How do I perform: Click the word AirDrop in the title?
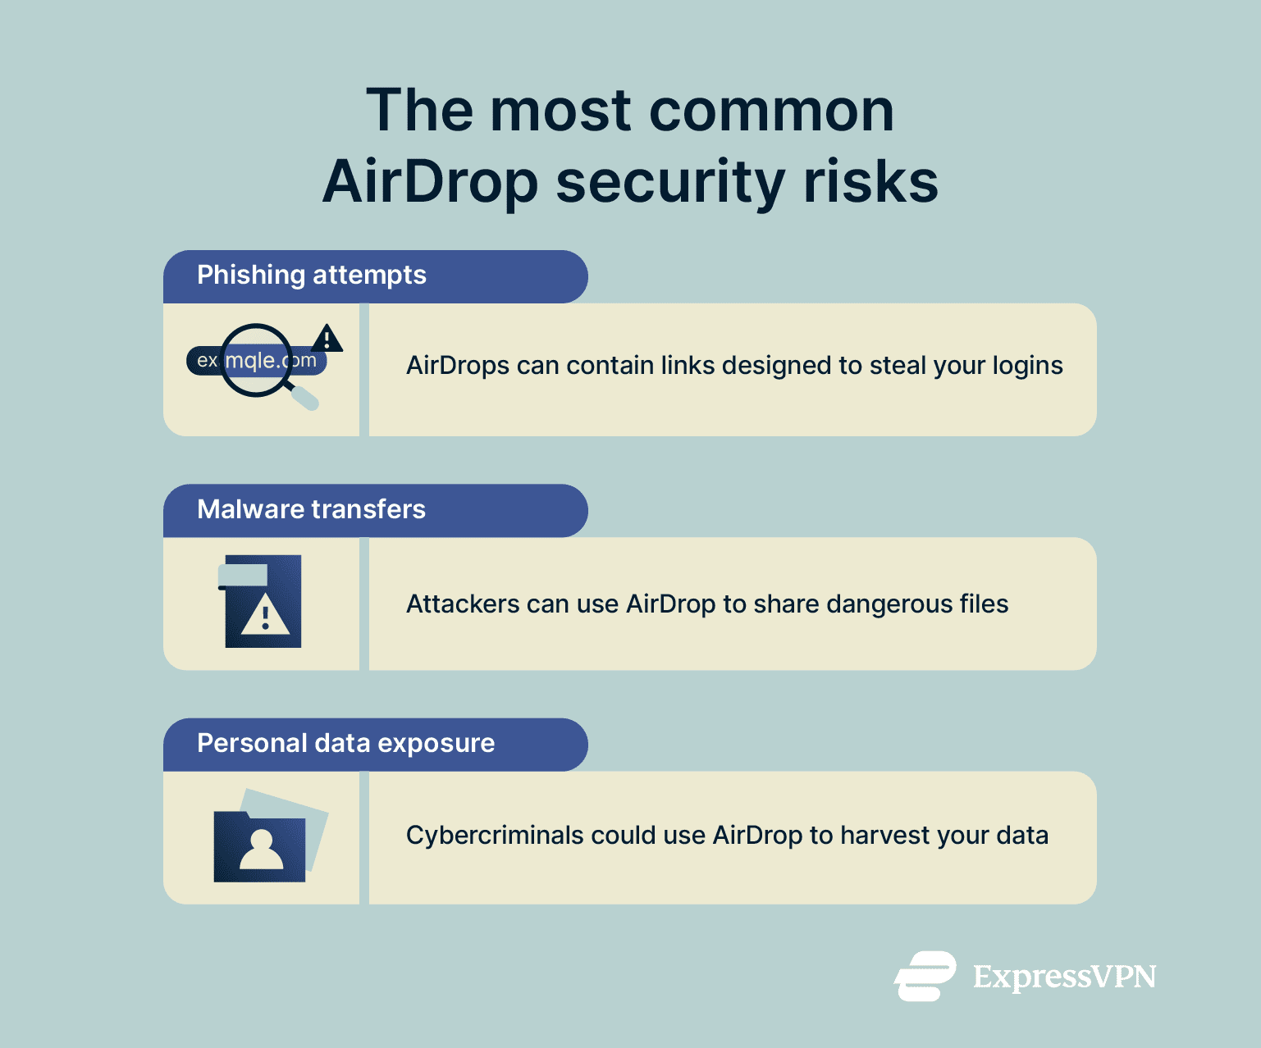click(x=430, y=181)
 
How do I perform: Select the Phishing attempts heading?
click(x=311, y=276)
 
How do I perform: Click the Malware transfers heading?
click(x=311, y=509)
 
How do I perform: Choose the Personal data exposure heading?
click(x=345, y=743)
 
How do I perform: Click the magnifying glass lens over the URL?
click(x=256, y=360)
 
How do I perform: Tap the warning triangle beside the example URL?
click(x=327, y=338)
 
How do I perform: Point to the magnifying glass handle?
click(x=304, y=398)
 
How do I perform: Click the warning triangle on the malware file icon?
click(x=265, y=617)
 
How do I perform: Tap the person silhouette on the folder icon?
click(x=262, y=850)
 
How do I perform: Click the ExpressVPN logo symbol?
click(x=925, y=976)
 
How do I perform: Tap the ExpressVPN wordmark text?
click(x=1064, y=977)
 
